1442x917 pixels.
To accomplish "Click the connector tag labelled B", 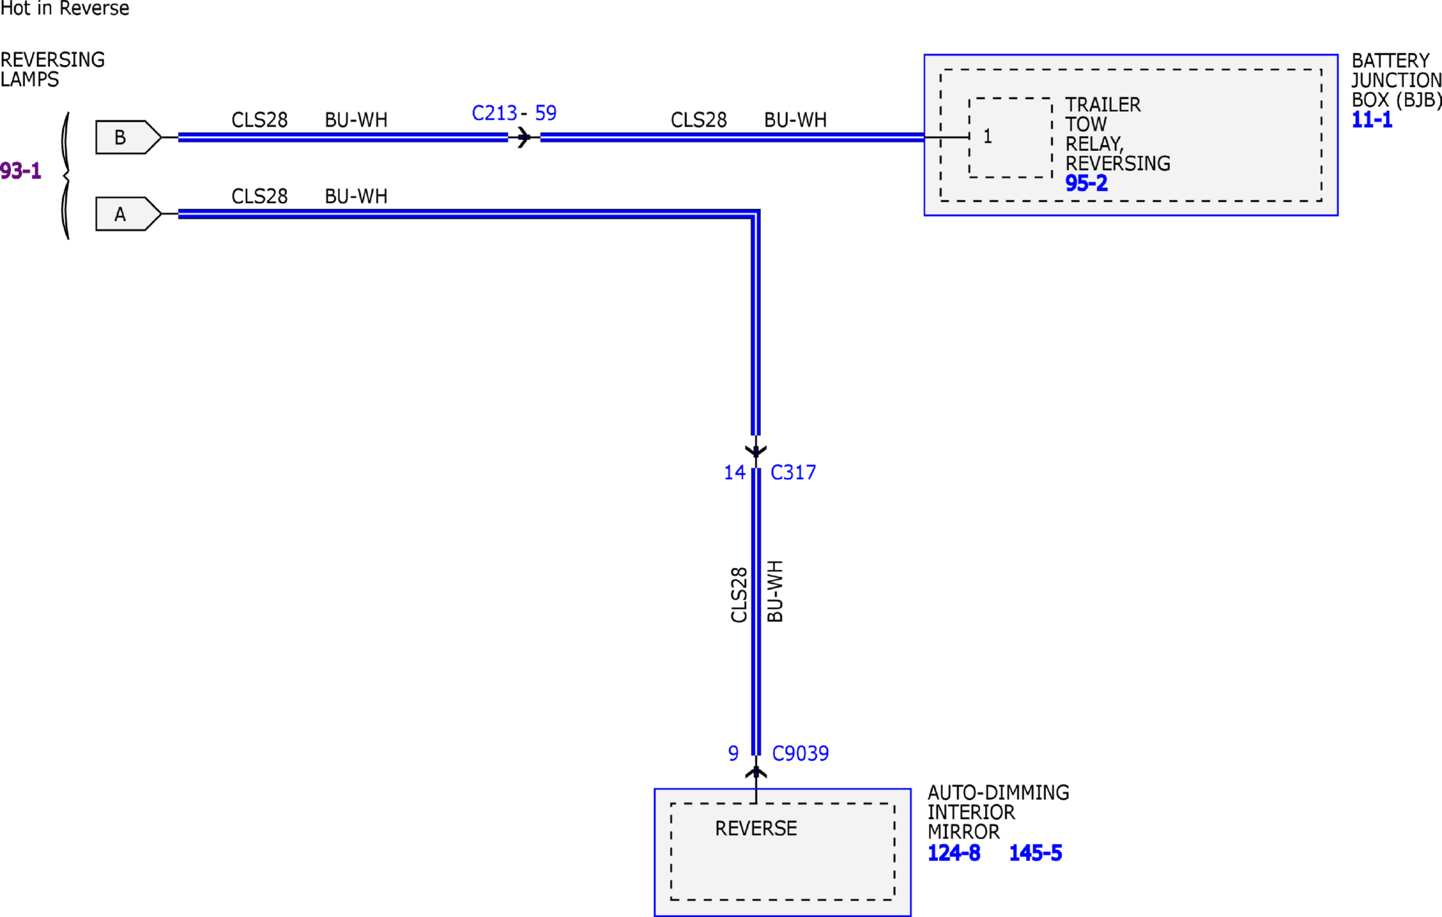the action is (128, 137).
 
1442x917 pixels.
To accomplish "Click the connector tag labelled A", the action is (128, 214).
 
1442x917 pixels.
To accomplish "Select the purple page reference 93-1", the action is (20, 171).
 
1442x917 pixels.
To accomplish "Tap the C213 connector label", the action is (494, 113).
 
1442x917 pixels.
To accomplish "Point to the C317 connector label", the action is (793, 472).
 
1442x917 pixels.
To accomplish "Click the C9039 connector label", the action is (800, 753).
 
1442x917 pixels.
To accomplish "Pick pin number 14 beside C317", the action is (735, 472).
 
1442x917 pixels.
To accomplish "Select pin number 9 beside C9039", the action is (733, 753).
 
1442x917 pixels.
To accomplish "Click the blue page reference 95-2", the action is (1087, 183).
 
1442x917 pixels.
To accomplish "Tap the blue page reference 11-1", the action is (1372, 120).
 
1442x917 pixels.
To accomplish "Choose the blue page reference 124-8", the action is (954, 853).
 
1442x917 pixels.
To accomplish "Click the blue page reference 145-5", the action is (1036, 853).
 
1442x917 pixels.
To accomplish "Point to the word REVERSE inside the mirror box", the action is (756, 828).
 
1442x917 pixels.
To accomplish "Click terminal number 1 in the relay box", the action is (988, 137).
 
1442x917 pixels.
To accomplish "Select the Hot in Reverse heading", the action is (64, 8).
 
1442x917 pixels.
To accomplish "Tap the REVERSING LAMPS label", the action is (52, 70).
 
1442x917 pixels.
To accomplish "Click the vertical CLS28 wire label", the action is (739, 595).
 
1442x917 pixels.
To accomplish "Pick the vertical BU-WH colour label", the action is (775, 591).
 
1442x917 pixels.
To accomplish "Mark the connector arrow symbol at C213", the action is (523, 137).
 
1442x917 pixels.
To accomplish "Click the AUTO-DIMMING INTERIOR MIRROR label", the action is (999, 812).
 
